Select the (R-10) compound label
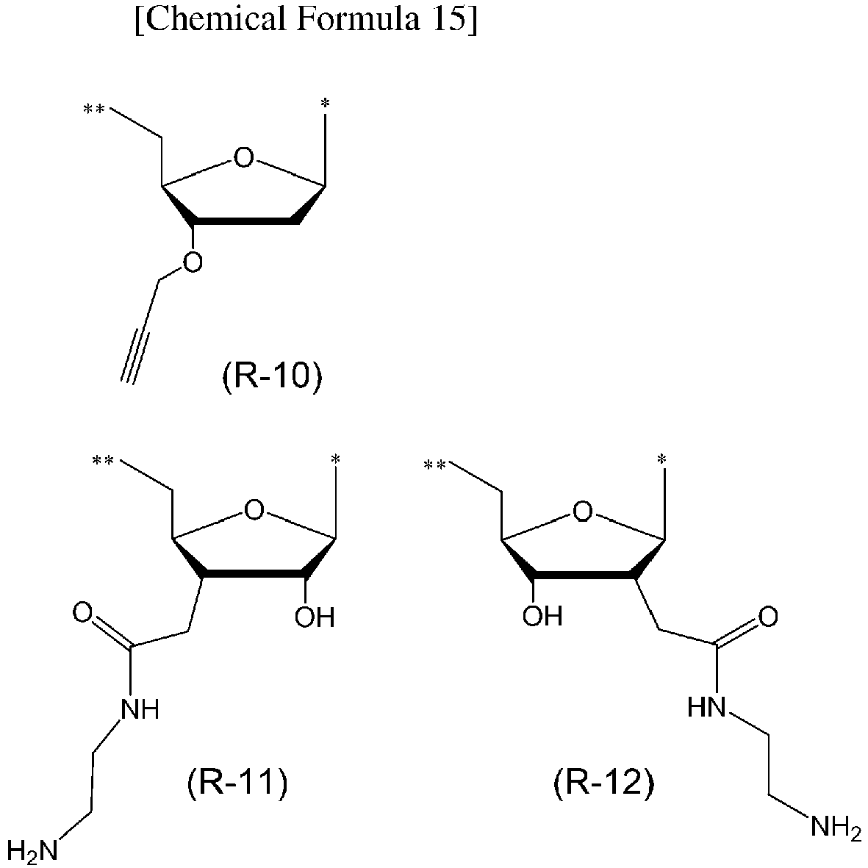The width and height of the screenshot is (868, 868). tap(271, 378)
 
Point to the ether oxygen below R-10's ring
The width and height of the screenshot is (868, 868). tap(192, 262)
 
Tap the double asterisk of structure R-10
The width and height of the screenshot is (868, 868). tap(93, 110)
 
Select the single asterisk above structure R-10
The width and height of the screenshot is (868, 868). tap(326, 103)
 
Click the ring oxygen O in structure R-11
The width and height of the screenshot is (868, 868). tap(254, 510)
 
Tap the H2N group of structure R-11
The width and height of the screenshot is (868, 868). tap(32, 850)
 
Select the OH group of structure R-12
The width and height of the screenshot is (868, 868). tap(542, 615)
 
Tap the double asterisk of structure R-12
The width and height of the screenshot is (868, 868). tap(434, 465)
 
